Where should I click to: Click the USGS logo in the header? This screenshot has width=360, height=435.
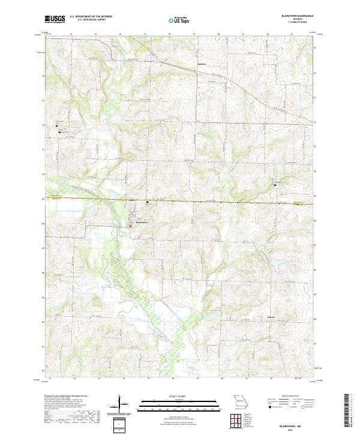[55, 20]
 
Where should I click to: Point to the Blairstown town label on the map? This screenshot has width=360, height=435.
[137, 222]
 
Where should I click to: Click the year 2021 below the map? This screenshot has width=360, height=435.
[298, 430]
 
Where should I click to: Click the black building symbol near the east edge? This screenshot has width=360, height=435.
[275, 185]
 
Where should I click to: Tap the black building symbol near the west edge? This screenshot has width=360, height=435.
[56, 125]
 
